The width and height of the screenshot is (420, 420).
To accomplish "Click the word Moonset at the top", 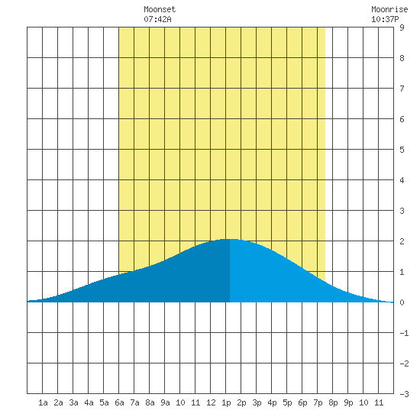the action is (x=160, y=9).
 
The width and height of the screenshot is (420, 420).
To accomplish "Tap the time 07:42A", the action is (x=157, y=19).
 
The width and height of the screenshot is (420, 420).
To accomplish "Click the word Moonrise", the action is (x=389, y=9).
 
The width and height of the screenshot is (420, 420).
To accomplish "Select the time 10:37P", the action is (x=385, y=19).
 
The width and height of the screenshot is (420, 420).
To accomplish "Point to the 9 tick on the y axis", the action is (x=402, y=27).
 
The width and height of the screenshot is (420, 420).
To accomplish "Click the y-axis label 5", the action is (x=402, y=150).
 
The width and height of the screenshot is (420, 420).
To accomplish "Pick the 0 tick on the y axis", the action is (x=402, y=302).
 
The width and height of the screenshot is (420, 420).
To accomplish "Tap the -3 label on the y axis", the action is (x=404, y=394).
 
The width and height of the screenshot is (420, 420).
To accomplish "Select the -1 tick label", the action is (x=404, y=333).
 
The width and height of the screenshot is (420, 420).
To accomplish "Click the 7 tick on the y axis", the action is (x=402, y=89).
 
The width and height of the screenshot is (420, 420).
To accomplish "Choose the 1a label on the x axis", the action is (x=43, y=402).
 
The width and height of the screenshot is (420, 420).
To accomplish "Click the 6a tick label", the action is (x=119, y=402).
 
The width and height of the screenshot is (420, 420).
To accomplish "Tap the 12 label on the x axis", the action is (x=211, y=402).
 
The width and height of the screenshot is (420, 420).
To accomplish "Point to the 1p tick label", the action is (x=226, y=402).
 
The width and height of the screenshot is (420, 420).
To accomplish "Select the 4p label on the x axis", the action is (x=272, y=402).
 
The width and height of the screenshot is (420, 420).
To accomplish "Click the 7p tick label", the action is (x=318, y=402).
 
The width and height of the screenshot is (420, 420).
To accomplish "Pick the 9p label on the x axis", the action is (x=348, y=402).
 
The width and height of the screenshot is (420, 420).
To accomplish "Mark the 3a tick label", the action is (x=73, y=402).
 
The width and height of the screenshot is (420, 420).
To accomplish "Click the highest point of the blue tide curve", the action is (x=230, y=239).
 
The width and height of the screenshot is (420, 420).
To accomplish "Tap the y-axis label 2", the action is (x=402, y=241).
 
